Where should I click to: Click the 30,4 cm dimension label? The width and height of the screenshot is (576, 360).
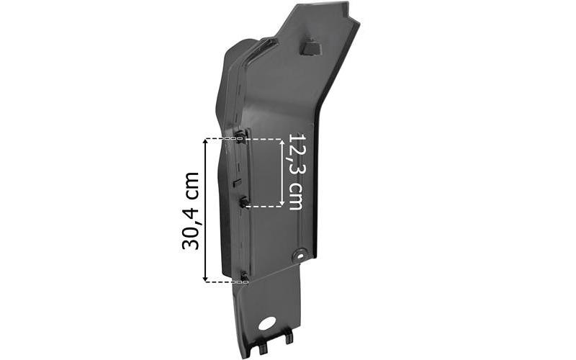pos(191,211)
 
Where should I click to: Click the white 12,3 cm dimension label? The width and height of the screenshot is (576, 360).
pos(297,171)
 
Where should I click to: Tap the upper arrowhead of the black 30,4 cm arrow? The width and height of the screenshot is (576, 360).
pos(205,142)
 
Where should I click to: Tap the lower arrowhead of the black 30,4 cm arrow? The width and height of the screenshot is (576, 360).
pos(205,278)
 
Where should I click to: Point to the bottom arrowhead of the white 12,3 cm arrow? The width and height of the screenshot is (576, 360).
pos(282,203)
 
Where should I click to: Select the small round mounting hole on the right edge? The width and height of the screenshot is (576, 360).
pos(300,256)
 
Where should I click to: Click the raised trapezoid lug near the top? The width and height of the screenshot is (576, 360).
pos(311,47)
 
